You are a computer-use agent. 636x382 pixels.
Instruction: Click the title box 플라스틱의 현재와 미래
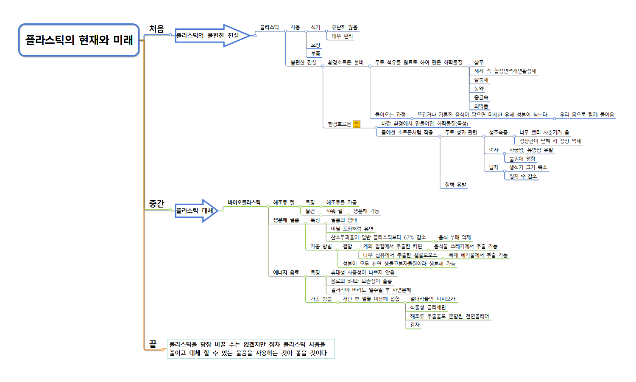[79, 40]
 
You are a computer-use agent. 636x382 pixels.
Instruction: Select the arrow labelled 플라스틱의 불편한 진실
[210, 36]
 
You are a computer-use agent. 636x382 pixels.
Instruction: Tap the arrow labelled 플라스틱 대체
[195, 211]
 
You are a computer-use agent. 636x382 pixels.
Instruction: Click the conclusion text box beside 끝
[250, 348]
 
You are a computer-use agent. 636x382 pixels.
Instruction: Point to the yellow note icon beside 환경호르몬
[357, 124]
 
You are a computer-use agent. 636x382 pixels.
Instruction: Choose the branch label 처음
[156, 29]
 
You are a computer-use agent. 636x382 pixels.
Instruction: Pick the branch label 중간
[156, 204]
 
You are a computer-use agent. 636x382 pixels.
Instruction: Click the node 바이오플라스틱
[244, 202]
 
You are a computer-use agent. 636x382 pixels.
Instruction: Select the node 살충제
[481, 80]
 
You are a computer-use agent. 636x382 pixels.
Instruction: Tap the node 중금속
[481, 97]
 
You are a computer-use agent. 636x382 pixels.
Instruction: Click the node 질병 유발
[455, 185]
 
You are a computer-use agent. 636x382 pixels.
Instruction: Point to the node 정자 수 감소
[523, 176]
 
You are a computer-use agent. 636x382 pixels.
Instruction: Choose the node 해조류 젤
[284, 202]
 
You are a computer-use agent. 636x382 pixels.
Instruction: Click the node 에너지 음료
[286, 272]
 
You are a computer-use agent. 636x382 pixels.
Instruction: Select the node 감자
[415, 325]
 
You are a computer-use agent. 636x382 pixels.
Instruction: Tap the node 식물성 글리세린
[428, 307]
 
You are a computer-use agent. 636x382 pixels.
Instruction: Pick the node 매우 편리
[342, 36]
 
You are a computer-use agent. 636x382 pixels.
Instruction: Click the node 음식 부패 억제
[455, 237]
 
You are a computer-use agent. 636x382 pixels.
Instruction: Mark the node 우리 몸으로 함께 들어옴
[586, 115]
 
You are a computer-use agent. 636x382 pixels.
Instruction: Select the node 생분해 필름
[286, 220]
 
